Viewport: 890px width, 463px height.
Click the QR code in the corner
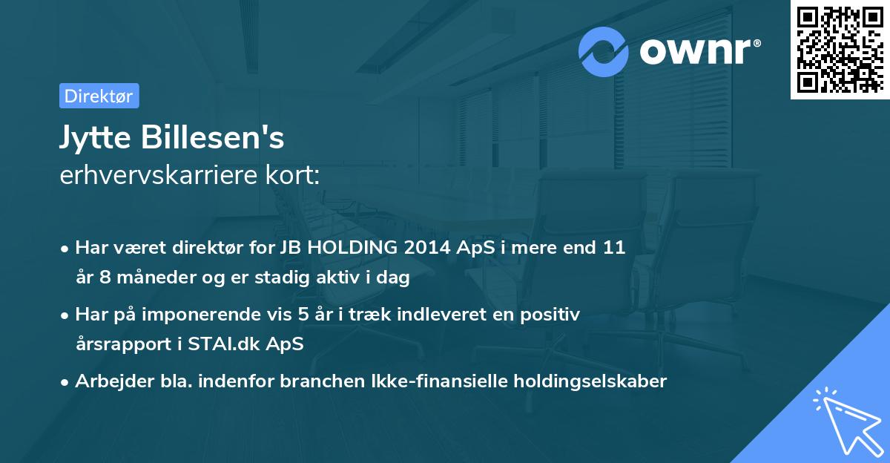coord(840,50)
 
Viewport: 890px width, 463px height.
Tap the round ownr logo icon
coord(604,52)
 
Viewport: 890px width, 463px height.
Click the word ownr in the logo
coord(698,53)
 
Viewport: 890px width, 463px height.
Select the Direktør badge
coord(99,96)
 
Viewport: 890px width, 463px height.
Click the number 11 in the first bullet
coord(615,248)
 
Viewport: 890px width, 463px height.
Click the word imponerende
coord(203,314)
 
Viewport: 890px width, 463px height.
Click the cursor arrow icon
coord(845,420)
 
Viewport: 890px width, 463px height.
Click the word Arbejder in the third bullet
coord(108,381)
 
